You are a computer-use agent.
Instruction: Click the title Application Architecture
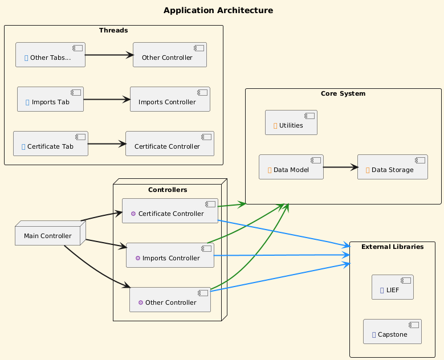pos(218,10)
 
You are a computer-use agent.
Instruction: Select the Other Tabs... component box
pos(50,55)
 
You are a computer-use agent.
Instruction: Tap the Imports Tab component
pos(50,100)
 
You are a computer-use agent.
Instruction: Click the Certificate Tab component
pos(50,144)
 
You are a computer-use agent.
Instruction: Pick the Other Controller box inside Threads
pos(169,55)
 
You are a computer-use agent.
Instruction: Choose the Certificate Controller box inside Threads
pos(169,144)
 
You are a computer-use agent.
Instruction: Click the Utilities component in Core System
pos(291,122)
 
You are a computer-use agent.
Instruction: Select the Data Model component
pos(291,167)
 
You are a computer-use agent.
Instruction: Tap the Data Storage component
pos(392,167)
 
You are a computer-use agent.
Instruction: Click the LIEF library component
pos(392,287)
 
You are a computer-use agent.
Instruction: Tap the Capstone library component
pos(392,332)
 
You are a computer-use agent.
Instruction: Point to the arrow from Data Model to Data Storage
pos(340,167)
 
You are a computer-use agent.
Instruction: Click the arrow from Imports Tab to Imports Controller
pos(107,99)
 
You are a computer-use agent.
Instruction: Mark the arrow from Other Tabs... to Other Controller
pos(108,55)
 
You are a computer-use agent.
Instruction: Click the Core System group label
pos(343,93)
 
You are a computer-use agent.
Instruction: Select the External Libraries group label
pos(392,247)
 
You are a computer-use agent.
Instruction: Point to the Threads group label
pos(113,30)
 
